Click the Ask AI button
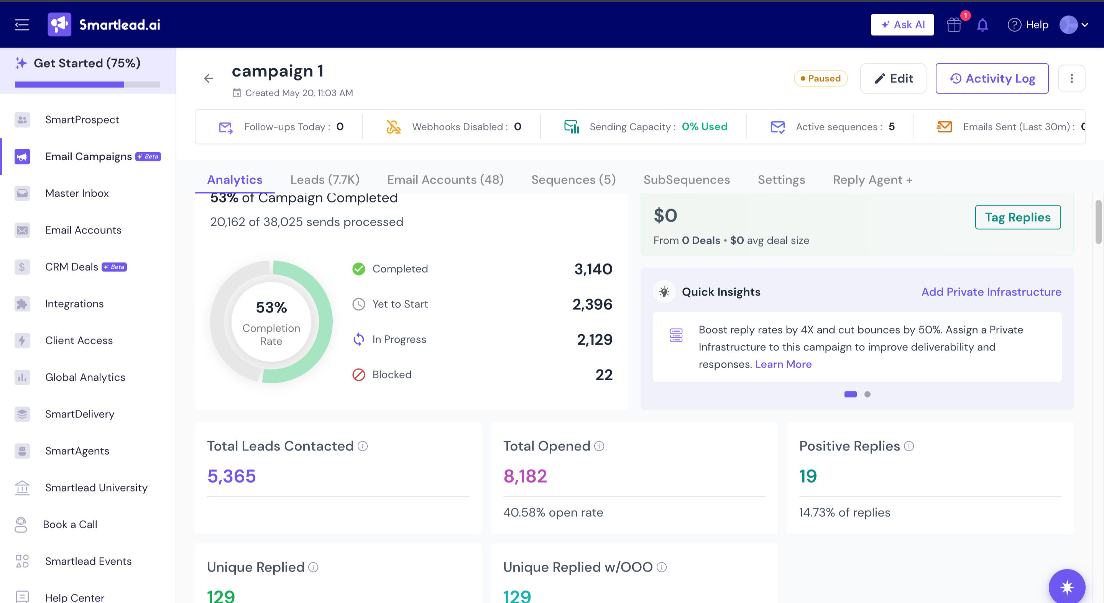pyautogui.click(x=902, y=25)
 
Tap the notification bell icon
pyautogui.click(x=982, y=25)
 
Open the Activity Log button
pyautogui.click(x=992, y=79)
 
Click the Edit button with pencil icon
pyautogui.click(x=893, y=79)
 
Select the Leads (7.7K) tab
pyautogui.click(x=325, y=179)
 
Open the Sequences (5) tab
pyautogui.click(x=573, y=179)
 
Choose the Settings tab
pyautogui.click(x=781, y=179)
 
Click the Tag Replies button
pyautogui.click(x=1018, y=217)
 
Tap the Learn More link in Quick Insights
pyautogui.click(x=783, y=364)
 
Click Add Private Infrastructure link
pyautogui.click(x=991, y=292)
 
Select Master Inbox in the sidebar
pyautogui.click(x=77, y=193)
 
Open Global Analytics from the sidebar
pyautogui.click(x=85, y=377)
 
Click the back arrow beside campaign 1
pyautogui.click(x=209, y=79)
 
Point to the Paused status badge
pyautogui.click(x=820, y=79)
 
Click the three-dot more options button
pyautogui.click(x=1071, y=79)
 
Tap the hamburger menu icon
pyautogui.click(x=22, y=25)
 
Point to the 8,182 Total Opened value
pyautogui.click(x=525, y=476)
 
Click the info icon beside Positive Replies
pyautogui.click(x=909, y=446)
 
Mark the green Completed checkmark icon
pyautogui.click(x=359, y=269)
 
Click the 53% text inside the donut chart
pyautogui.click(x=271, y=307)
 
